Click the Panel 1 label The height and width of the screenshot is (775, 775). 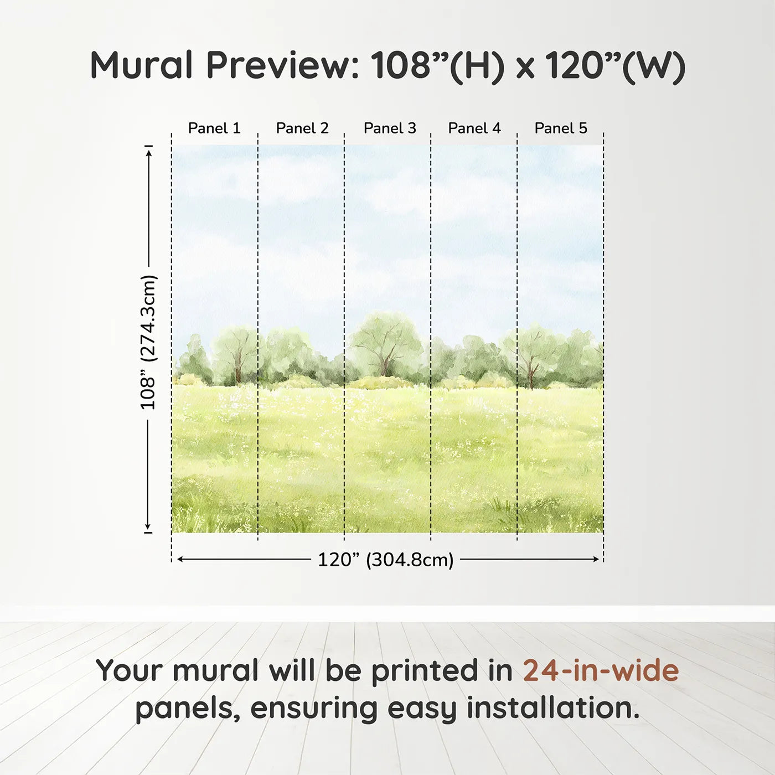click(x=214, y=128)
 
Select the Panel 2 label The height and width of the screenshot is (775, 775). click(x=302, y=128)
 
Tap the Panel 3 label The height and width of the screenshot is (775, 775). click(x=390, y=128)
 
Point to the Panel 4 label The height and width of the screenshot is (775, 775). click(x=474, y=128)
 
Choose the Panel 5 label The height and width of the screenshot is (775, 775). click(x=561, y=128)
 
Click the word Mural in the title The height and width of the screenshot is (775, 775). click(x=141, y=65)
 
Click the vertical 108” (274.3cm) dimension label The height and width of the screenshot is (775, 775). click(x=148, y=342)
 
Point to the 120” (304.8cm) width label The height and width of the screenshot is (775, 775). click(x=385, y=560)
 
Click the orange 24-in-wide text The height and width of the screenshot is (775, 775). click(x=601, y=670)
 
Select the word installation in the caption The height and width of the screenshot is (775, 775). click(x=552, y=708)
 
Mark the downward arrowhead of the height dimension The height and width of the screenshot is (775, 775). click(x=148, y=526)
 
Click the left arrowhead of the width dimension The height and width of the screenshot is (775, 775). click(x=180, y=559)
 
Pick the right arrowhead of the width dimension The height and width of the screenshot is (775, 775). click(x=596, y=559)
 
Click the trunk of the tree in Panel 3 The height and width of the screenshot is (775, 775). click(x=385, y=366)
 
